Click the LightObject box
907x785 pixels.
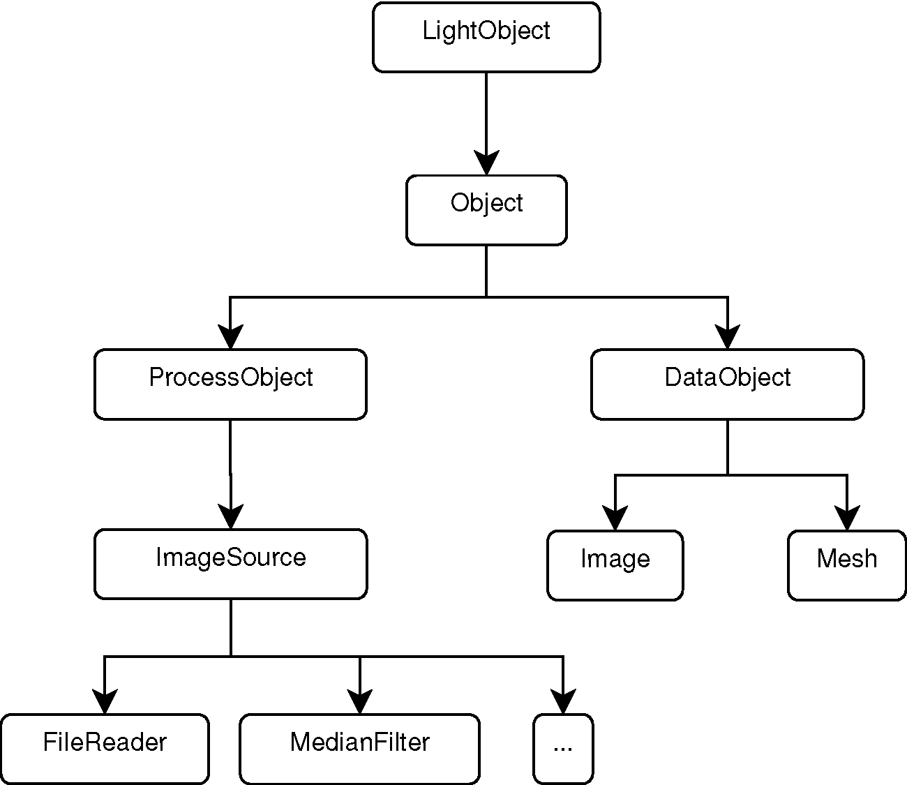click(486, 37)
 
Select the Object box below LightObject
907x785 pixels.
click(486, 210)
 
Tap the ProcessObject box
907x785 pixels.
click(230, 384)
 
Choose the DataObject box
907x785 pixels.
click(728, 384)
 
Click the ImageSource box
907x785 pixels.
click(231, 565)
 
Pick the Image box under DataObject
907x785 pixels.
click(615, 566)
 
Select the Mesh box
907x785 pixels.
click(847, 566)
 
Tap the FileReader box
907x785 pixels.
click(105, 749)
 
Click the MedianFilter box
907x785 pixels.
click(360, 749)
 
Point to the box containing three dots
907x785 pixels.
click(564, 749)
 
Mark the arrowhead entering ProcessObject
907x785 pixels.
click(230, 336)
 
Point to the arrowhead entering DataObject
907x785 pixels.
click(728, 336)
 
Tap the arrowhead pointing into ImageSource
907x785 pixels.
click(231, 516)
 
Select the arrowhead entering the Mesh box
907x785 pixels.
click(847, 518)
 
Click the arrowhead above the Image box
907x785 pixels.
click(615, 518)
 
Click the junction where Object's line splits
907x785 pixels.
click(486, 297)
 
